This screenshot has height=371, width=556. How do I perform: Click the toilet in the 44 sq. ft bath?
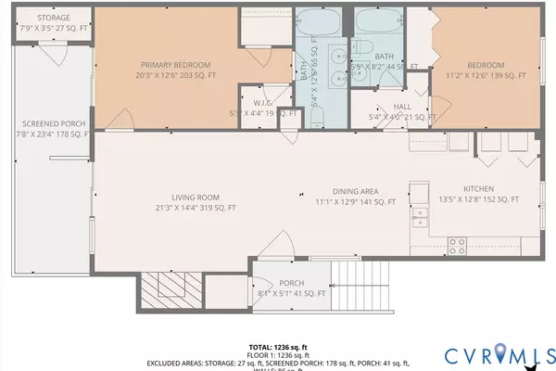coord(363,51)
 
